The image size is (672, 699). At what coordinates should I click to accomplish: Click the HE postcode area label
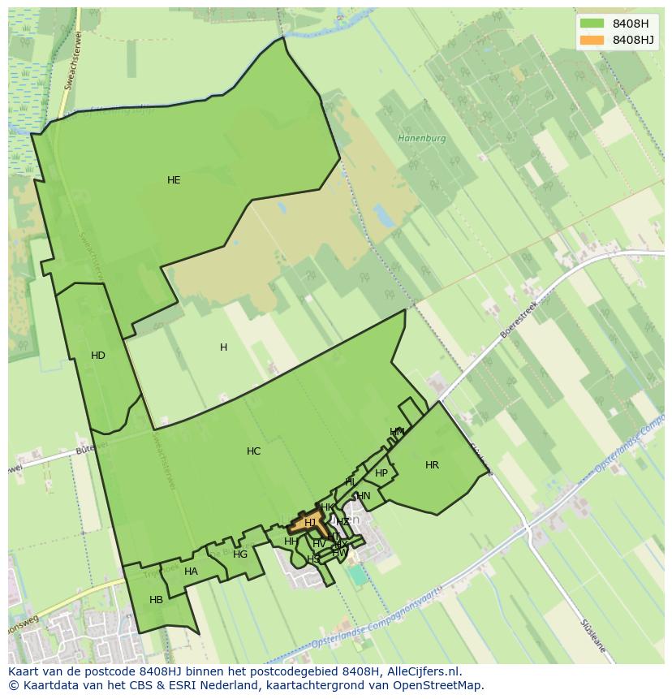(174, 180)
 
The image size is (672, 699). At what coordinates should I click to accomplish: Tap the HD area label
(98, 356)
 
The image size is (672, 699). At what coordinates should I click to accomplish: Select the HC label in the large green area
(254, 451)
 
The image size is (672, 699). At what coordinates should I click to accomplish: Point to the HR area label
(432, 465)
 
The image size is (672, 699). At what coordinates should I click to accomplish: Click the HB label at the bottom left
(157, 600)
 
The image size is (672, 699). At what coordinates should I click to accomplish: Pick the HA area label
(191, 572)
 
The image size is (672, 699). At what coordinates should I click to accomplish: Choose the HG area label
(240, 554)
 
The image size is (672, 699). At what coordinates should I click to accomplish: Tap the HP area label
(381, 473)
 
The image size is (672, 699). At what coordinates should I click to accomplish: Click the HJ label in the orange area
(310, 523)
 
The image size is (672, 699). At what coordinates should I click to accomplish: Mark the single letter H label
(223, 347)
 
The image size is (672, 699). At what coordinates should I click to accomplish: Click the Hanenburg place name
(422, 138)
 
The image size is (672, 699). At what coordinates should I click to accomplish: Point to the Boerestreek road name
(519, 314)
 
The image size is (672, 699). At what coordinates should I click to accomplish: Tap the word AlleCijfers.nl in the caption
(424, 671)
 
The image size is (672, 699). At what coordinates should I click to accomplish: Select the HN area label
(363, 496)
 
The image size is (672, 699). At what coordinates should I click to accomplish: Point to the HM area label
(397, 432)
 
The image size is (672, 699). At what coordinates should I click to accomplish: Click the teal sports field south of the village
(357, 574)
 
